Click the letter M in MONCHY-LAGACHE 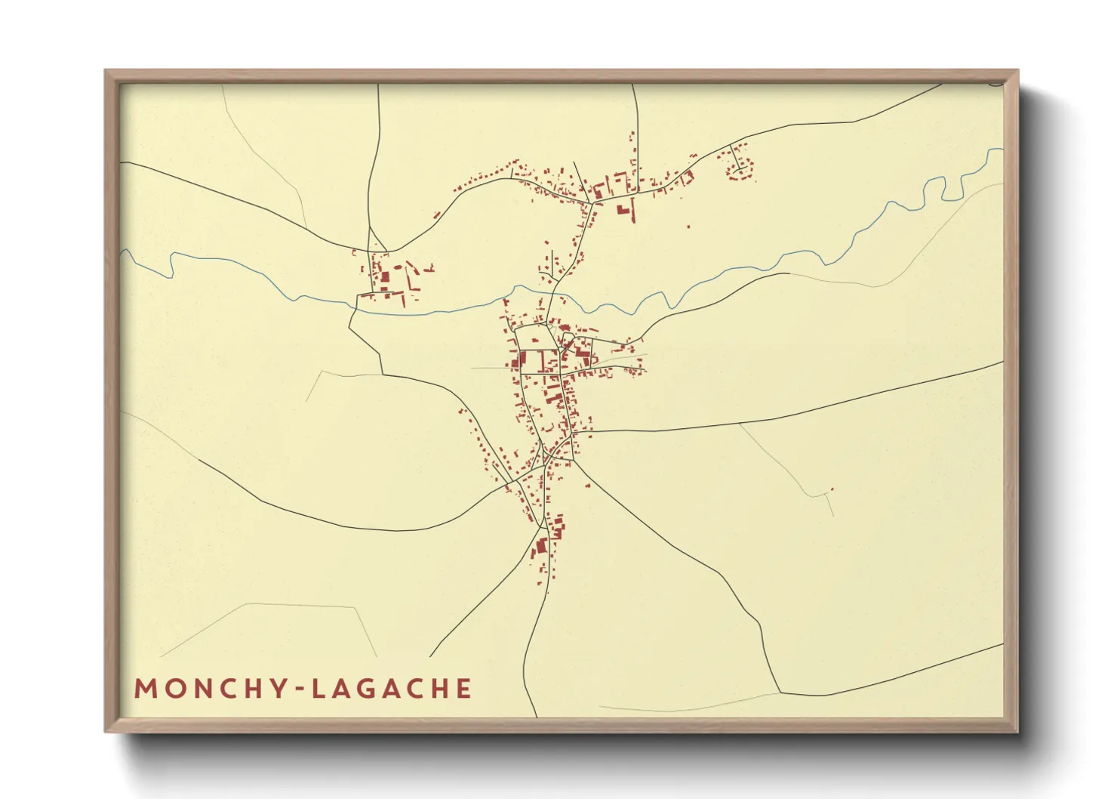point(144,689)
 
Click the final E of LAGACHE point(464,689)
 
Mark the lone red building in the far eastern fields point(831,489)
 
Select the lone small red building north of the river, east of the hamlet point(688,225)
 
